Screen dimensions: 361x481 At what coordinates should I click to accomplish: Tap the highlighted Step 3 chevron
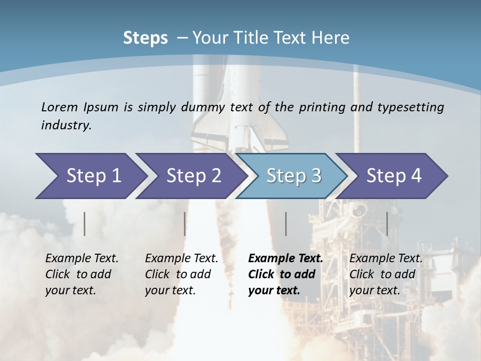click(294, 176)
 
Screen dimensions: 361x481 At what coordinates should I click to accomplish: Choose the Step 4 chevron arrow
click(394, 176)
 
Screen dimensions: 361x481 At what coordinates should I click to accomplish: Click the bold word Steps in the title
click(145, 38)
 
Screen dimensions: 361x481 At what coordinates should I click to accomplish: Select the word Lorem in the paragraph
click(60, 107)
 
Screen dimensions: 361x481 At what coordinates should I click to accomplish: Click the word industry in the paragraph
click(66, 125)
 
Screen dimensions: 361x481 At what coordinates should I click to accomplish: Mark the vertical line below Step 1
click(85, 224)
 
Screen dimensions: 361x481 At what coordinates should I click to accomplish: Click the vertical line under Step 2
click(185, 224)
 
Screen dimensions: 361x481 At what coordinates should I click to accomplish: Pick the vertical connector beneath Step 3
click(286, 224)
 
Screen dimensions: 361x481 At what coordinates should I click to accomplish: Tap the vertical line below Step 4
click(387, 224)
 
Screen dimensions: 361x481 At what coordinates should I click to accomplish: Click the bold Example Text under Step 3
click(286, 259)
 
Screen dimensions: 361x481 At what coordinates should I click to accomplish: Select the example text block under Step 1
click(82, 274)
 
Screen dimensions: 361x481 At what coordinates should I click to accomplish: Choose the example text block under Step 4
click(386, 274)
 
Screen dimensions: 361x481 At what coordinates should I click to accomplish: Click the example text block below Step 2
click(181, 274)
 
